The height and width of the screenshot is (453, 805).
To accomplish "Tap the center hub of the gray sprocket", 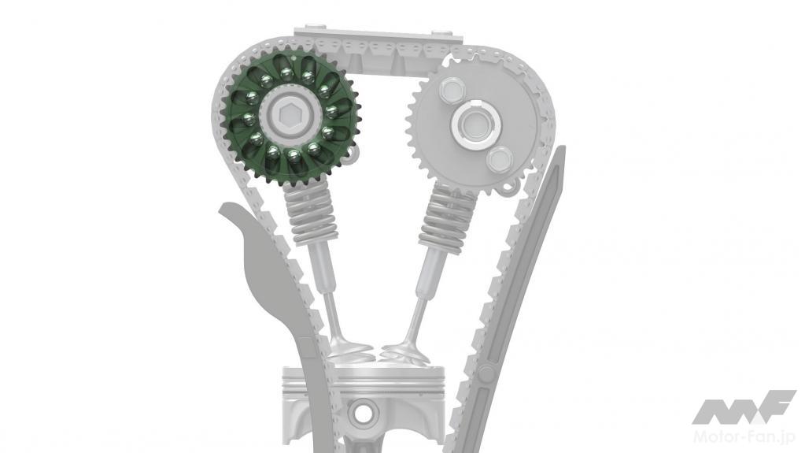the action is point(475,124).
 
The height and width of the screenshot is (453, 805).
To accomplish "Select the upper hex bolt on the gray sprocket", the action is point(451,91).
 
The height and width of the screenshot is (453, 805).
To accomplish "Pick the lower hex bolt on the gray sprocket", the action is point(499,159).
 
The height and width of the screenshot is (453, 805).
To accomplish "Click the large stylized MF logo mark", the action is point(744,407).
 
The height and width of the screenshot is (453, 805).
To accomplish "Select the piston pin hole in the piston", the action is point(364,411).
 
